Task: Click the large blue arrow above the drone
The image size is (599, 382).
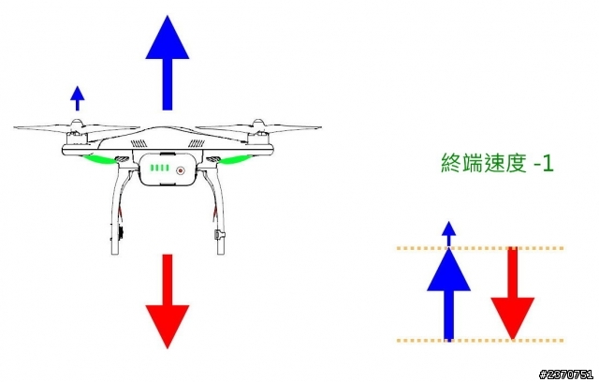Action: tap(168, 63)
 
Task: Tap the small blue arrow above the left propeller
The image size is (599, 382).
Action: tap(78, 98)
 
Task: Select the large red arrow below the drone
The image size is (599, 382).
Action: tap(168, 301)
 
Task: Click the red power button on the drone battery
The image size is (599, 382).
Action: tap(181, 170)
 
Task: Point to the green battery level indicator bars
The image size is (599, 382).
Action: tap(160, 169)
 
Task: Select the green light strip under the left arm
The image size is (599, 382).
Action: tap(100, 160)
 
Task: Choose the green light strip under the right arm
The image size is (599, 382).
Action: tap(234, 160)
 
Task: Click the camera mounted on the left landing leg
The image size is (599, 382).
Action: tap(119, 232)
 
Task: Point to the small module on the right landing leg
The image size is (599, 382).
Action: tap(219, 234)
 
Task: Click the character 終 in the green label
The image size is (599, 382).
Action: tap(451, 163)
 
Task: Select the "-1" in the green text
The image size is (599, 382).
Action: tap(543, 164)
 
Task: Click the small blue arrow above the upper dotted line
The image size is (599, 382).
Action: tap(449, 234)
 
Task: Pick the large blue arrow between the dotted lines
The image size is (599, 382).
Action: tap(449, 294)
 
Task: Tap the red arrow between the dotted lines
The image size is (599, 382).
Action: tap(512, 293)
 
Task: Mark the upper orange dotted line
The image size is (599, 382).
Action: tap(480, 248)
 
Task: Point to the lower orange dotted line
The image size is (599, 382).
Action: tap(480, 340)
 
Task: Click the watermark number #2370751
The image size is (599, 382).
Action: tap(566, 375)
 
